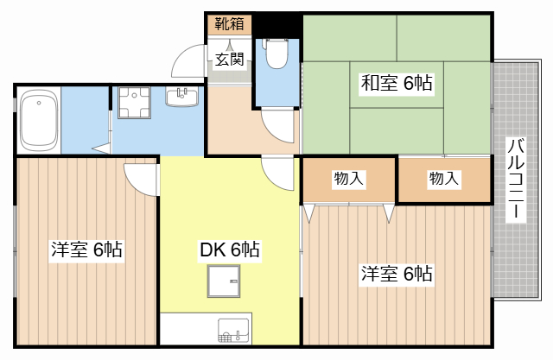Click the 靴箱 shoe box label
tap(230, 23)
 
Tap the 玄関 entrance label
tap(230, 59)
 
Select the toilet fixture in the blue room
tap(276, 54)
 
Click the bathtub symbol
tap(39, 120)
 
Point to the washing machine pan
tap(134, 103)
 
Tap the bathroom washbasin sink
tap(181, 97)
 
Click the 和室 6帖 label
tap(397, 84)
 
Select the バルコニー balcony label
tap(516, 180)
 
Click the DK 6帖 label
tap(230, 249)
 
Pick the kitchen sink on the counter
tap(233, 330)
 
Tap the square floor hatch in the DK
tap(224, 281)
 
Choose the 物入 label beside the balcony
tap(444, 179)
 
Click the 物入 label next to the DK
tap(349, 179)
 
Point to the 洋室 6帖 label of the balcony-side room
tap(397, 274)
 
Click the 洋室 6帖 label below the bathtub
tap(86, 249)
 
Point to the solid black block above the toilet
tap(276, 25)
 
